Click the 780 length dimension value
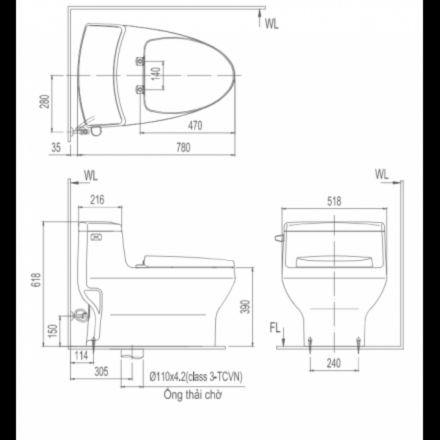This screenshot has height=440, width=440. click(x=183, y=148)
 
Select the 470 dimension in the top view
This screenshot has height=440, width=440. click(x=195, y=126)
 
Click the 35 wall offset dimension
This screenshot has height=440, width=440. click(x=55, y=148)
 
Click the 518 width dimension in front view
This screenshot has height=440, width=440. click(x=334, y=202)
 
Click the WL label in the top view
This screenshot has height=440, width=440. click(x=271, y=25)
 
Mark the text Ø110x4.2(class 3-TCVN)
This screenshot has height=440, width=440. click(x=196, y=377)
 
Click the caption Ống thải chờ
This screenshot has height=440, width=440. click(x=192, y=394)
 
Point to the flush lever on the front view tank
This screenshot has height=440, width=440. click(x=279, y=238)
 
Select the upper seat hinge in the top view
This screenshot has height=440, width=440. click(x=140, y=61)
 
